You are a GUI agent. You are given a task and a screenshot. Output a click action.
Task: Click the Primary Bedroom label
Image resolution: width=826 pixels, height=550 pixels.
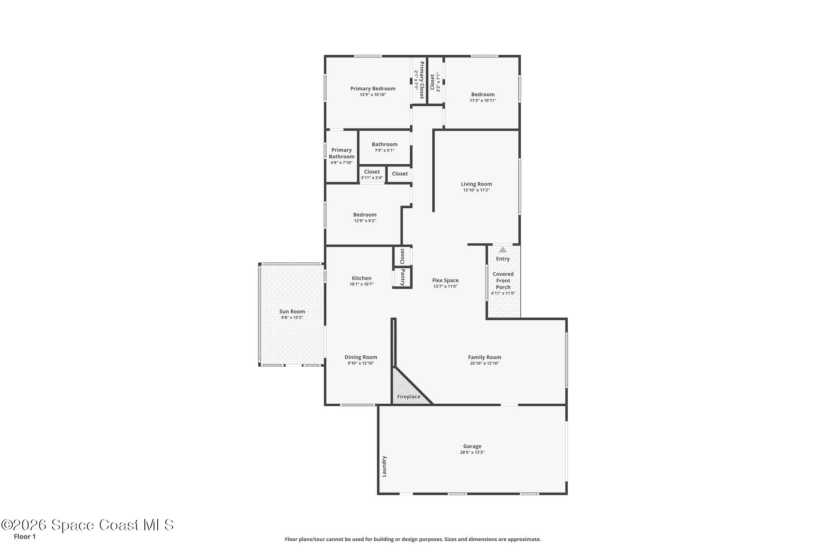point(373,89)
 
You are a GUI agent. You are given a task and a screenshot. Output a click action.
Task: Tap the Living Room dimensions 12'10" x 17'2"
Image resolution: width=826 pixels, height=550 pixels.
point(476,190)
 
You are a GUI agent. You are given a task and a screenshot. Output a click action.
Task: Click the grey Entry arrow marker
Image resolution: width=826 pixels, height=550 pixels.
point(503,250)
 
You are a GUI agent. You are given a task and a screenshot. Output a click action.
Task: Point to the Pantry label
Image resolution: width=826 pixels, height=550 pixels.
point(403,278)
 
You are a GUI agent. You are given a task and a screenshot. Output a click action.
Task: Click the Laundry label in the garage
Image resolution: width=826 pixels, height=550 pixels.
point(384,466)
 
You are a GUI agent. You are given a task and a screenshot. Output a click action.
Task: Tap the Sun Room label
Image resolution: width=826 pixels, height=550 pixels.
point(292,311)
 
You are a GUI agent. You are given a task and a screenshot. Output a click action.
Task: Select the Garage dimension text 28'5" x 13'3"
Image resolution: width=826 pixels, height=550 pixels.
point(472,452)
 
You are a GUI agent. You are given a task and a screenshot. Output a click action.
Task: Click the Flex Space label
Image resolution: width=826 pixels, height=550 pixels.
point(445,280)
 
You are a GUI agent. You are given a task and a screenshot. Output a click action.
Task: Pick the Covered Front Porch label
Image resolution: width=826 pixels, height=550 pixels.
point(503,280)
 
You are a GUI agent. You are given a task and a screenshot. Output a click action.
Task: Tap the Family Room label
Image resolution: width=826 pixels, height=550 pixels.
point(484,357)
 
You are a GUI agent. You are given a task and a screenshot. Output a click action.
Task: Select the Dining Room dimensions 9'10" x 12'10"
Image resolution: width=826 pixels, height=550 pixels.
point(361,363)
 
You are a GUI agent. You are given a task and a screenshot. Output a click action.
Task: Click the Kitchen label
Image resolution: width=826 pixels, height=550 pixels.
point(361,278)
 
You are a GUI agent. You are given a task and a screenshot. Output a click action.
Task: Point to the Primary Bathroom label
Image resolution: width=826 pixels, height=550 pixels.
point(342,153)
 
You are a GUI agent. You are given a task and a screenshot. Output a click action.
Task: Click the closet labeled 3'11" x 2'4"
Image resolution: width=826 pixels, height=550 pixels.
point(371,174)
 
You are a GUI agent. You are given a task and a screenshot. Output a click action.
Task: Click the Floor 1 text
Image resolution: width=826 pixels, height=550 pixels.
point(25,537)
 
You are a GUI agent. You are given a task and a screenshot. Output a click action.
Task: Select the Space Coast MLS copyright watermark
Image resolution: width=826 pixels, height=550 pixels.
point(88,525)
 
